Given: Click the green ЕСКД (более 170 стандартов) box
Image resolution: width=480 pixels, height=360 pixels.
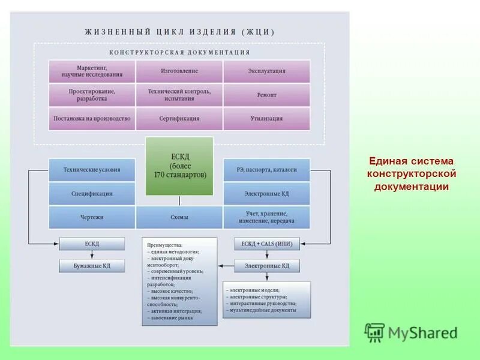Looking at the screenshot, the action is tap(179, 166).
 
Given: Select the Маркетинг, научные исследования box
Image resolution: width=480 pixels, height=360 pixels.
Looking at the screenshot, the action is tap(92, 71).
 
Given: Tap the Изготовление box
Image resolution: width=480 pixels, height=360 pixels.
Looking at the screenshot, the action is tap(179, 71).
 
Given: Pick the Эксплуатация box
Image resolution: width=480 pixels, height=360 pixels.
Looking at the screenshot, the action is tap(266, 71).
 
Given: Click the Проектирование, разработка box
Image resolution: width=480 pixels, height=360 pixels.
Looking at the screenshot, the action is tap(92, 95).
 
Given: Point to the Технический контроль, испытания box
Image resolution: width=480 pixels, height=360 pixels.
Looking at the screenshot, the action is tap(179, 95).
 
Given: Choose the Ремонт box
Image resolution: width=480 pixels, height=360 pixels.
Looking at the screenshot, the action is tap(266, 95).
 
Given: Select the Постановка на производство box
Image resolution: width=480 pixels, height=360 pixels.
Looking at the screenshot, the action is tap(92, 119).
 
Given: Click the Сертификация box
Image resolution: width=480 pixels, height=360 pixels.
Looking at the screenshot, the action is tap(179, 119).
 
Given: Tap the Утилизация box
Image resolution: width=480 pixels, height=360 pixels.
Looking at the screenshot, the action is tap(266, 119).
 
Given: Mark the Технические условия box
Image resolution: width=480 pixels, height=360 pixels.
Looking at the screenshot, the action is tap(92, 170).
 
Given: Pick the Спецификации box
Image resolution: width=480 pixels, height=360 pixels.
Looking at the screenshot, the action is tap(92, 194).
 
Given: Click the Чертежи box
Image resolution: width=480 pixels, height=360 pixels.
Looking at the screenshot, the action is tap(92, 217).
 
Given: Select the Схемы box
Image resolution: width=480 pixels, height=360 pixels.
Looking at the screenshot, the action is tap(179, 217).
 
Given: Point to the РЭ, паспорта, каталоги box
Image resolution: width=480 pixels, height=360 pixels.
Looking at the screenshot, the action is tap(266, 170).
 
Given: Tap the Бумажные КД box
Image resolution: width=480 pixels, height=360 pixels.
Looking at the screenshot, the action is tap(92, 265).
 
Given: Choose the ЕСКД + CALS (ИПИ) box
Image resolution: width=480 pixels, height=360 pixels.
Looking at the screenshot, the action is tap(266, 244).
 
